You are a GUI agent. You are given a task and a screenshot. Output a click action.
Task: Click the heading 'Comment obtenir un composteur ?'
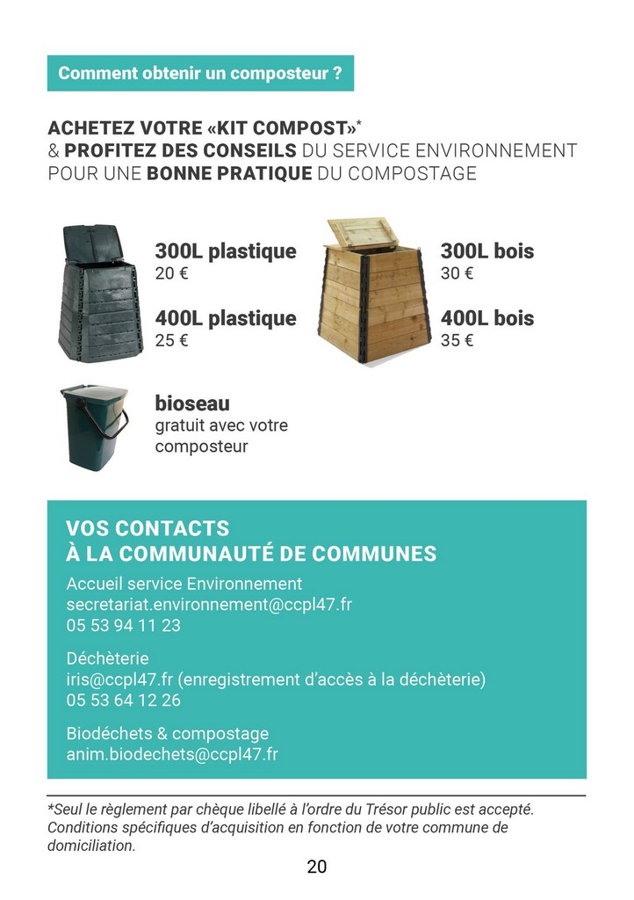pyautogui.click(x=200, y=73)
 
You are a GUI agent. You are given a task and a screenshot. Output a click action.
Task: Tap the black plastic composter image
pyautogui.click(x=91, y=290)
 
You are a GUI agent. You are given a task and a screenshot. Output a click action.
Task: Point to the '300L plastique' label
pyautogui.click(x=226, y=251)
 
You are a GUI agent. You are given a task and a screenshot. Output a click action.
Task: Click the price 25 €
pyautogui.click(x=171, y=340)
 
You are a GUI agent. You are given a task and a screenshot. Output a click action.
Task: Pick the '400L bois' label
pyautogui.click(x=486, y=318)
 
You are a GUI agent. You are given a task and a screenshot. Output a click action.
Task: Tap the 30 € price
pyautogui.click(x=457, y=273)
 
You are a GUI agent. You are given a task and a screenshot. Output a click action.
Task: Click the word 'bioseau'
pyautogui.click(x=192, y=403)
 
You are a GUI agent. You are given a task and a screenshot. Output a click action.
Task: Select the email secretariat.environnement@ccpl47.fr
pyautogui.click(x=209, y=605)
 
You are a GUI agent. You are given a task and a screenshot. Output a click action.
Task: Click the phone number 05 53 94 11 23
pyautogui.click(x=123, y=626)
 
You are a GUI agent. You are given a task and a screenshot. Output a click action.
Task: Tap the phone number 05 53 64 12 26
pyautogui.click(x=123, y=700)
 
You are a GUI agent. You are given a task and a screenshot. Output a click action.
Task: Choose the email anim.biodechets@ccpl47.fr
pyautogui.click(x=172, y=755)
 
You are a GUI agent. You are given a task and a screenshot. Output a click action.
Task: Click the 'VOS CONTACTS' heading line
pyautogui.click(x=148, y=528)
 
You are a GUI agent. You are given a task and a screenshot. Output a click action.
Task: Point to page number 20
pyautogui.click(x=317, y=867)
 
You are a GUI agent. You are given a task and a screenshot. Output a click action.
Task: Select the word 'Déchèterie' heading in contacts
pyautogui.click(x=108, y=658)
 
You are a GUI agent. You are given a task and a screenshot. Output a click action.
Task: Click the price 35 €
pyautogui.click(x=457, y=340)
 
